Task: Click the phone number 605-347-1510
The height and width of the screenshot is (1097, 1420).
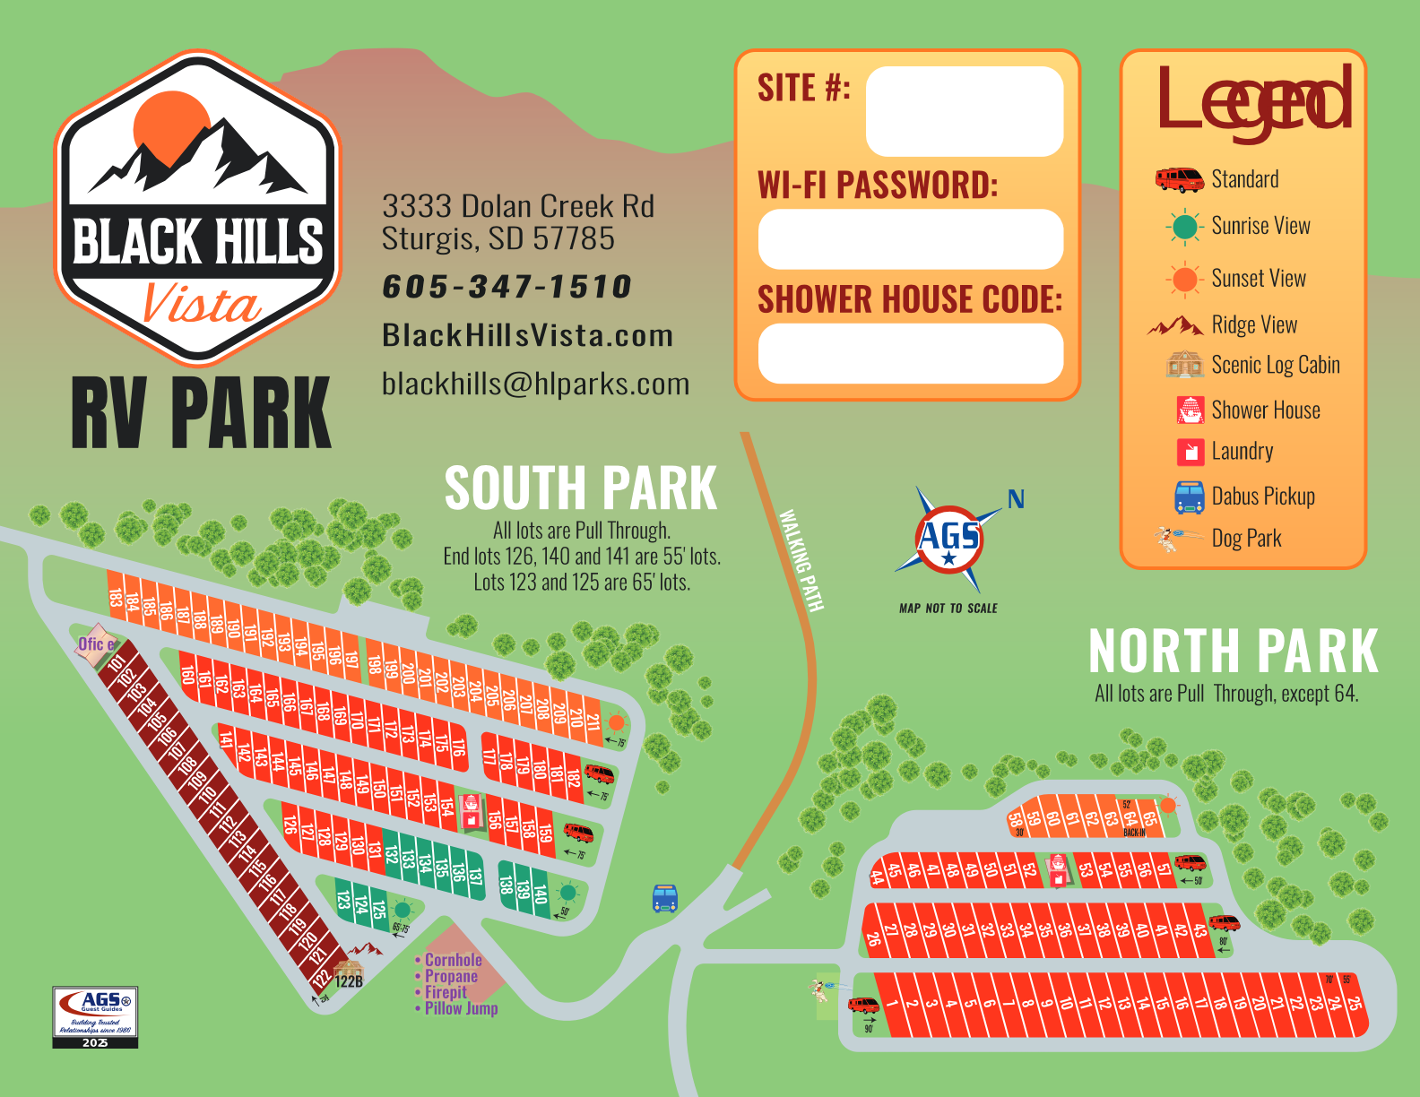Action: click(x=507, y=287)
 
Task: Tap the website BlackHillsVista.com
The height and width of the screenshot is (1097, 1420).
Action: click(x=527, y=335)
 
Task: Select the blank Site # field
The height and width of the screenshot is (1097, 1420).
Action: click(x=964, y=111)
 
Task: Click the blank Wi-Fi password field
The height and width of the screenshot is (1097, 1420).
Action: click(x=910, y=239)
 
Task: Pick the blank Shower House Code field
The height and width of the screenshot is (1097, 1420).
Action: click(x=910, y=353)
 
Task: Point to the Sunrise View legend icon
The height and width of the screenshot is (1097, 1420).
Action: click(x=1184, y=227)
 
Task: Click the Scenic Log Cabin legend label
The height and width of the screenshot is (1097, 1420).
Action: click(x=1275, y=365)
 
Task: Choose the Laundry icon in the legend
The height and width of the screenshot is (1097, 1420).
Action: click(x=1190, y=452)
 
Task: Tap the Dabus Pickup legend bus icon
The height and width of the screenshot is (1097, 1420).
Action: click(x=1190, y=497)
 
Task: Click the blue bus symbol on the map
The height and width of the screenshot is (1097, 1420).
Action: click(x=664, y=898)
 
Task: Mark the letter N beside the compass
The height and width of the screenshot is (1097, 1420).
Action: click(x=1016, y=499)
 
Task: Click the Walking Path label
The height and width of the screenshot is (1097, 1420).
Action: click(x=800, y=561)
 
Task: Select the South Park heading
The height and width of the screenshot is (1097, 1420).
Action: click(x=581, y=488)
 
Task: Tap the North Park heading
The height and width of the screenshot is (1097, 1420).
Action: click(x=1233, y=651)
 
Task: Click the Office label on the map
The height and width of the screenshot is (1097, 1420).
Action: click(x=96, y=644)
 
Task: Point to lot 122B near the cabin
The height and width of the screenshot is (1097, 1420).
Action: click(x=349, y=981)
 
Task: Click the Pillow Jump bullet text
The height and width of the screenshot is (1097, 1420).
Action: click(x=461, y=1008)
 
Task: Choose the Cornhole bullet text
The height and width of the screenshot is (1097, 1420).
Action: click(x=453, y=960)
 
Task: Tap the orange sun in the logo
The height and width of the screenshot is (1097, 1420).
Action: click(x=171, y=125)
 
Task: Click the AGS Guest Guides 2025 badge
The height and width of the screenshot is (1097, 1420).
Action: click(x=95, y=1016)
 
